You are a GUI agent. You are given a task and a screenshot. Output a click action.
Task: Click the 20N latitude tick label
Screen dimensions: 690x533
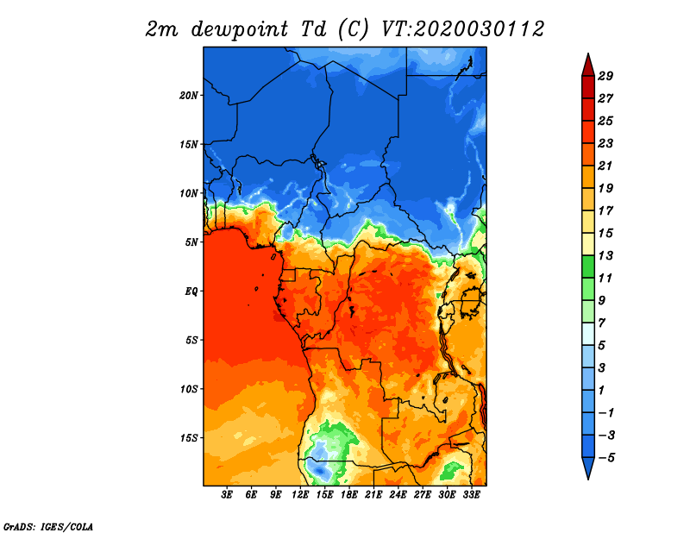(x=188, y=95)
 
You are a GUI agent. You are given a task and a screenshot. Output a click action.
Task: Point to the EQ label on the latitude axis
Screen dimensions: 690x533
(x=191, y=292)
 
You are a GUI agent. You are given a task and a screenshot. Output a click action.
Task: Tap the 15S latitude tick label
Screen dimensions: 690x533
(x=188, y=438)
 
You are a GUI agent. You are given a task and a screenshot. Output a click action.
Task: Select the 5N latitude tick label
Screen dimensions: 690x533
(x=191, y=242)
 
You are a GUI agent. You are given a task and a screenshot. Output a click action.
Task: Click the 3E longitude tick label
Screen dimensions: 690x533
(x=227, y=495)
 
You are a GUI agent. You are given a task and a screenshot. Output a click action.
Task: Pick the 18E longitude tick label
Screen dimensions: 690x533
(x=349, y=495)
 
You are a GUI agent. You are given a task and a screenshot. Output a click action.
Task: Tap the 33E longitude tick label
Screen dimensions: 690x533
(x=471, y=495)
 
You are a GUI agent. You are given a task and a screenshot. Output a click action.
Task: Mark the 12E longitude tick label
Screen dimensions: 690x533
(x=300, y=495)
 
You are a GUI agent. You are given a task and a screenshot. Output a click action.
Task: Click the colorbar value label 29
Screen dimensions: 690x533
(x=605, y=76)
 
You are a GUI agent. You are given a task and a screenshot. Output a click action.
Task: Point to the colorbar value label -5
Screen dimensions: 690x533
(x=606, y=458)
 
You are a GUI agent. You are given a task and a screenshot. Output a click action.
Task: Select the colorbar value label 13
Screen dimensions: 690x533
(x=605, y=255)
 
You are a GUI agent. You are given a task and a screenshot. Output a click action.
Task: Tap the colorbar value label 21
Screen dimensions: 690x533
(x=605, y=166)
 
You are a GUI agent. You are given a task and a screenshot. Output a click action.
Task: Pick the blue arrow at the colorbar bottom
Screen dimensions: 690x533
(x=588, y=467)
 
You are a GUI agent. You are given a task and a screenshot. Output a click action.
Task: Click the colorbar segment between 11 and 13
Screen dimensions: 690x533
(x=588, y=266)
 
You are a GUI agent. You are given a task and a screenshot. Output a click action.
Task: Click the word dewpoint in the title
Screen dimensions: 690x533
(x=240, y=30)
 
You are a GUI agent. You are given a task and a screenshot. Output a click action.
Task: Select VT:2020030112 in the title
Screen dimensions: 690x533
(x=462, y=29)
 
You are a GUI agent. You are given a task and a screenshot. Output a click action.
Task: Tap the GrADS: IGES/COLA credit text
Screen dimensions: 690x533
(x=48, y=526)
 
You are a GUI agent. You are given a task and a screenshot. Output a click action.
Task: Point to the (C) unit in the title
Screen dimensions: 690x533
(x=354, y=29)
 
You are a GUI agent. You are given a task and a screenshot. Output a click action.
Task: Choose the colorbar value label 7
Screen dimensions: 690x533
(x=601, y=323)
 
